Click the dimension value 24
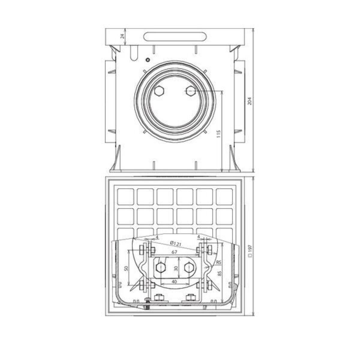pyautogui.click(x=123, y=36)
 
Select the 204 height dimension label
pyautogui.click(x=250, y=101)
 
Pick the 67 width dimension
pyautogui.click(x=174, y=252)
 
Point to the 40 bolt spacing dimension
pyautogui.click(x=174, y=286)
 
